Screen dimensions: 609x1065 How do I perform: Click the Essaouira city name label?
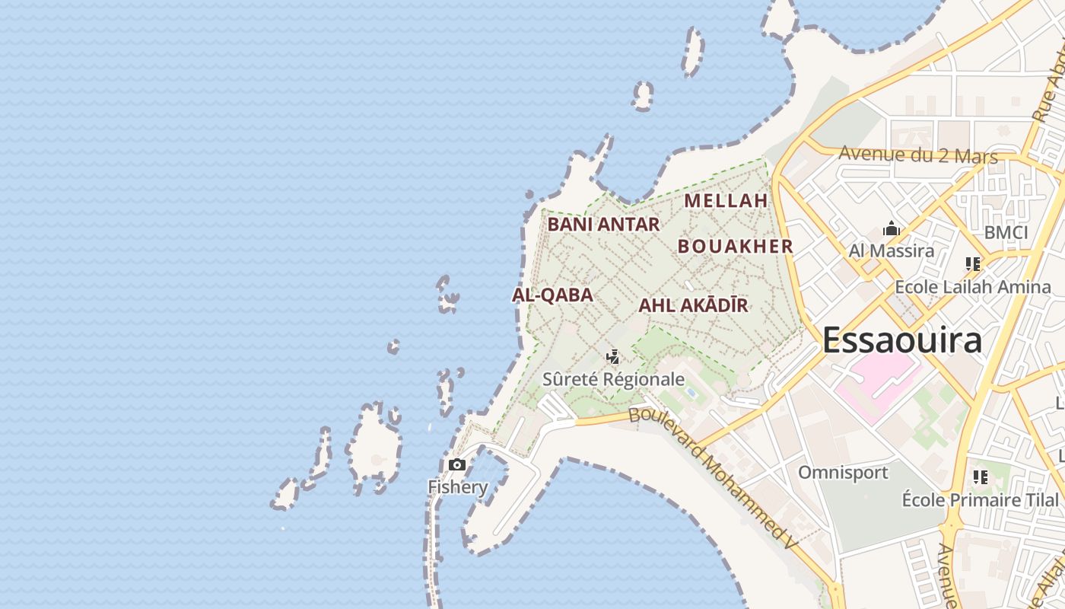pos(901,340)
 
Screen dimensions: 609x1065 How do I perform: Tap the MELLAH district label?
pos(726,201)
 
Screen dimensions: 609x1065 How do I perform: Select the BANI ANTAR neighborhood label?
pos(603,225)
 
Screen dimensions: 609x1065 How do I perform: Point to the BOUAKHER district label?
pos(735,247)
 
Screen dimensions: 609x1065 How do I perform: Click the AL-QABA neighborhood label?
pos(552,295)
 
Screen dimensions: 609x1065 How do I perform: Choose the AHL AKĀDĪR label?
pos(693,306)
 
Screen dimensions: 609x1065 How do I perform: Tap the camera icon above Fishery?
pos(457,465)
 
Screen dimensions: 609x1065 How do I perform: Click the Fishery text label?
pos(457,487)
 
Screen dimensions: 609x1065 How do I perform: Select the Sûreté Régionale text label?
pos(613,379)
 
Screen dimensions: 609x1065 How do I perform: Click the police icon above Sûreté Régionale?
pos(612,357)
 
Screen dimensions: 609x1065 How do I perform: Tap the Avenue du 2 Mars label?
pos(917,155)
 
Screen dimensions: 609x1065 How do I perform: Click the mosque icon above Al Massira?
pos(892,228)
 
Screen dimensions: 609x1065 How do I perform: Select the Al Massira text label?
pos(892,250)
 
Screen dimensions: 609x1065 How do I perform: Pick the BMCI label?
pos(1006,233)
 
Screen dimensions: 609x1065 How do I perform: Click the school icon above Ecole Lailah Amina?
pos(972,264)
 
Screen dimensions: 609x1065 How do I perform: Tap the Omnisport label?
pos(843,473)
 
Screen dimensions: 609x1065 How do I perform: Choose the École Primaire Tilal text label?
pos(980,500)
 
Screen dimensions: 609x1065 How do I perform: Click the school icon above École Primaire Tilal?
pos(980,477)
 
